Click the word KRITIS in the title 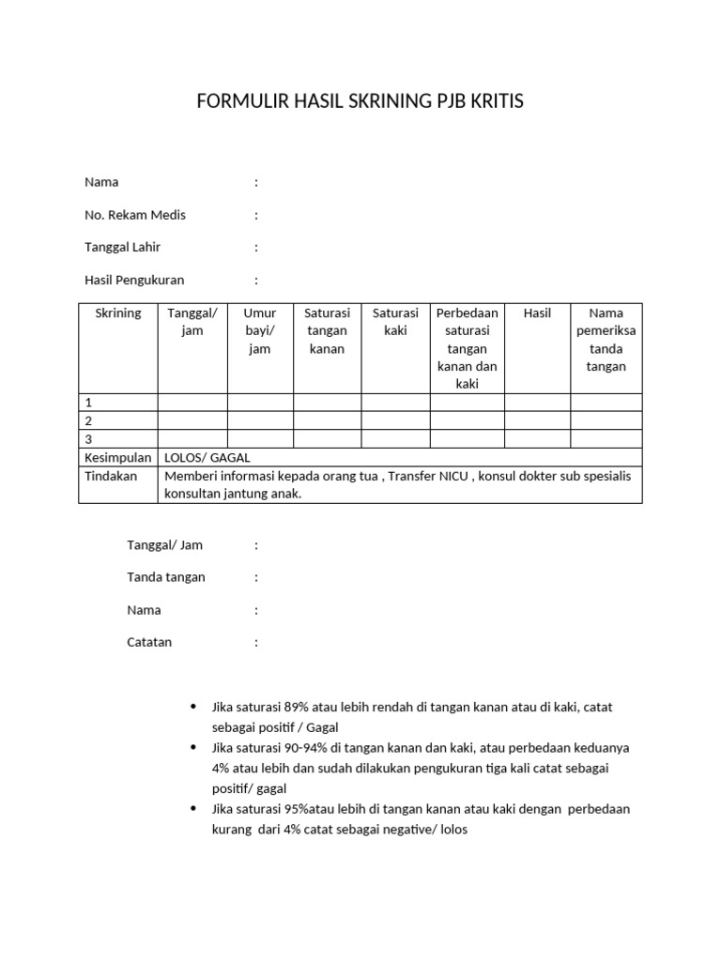(495, 102)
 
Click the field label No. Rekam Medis (135, 215)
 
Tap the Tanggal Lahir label (122, 248)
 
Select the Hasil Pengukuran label (134, 280)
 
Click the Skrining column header (118, 313)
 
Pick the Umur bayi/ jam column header (259, 330)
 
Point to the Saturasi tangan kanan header (328, 330)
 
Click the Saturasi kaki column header (395, 322)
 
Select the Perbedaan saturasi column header (467, 348)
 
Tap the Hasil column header (537, 313)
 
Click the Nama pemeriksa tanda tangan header (606, 340)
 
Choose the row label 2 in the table (89, 421)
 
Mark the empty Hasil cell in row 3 (537, 439)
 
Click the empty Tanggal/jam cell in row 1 (192, 403)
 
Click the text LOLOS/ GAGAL (200, 457)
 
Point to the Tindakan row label (111, 476)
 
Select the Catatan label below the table (149, 643)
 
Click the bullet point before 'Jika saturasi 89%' (193, 707)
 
